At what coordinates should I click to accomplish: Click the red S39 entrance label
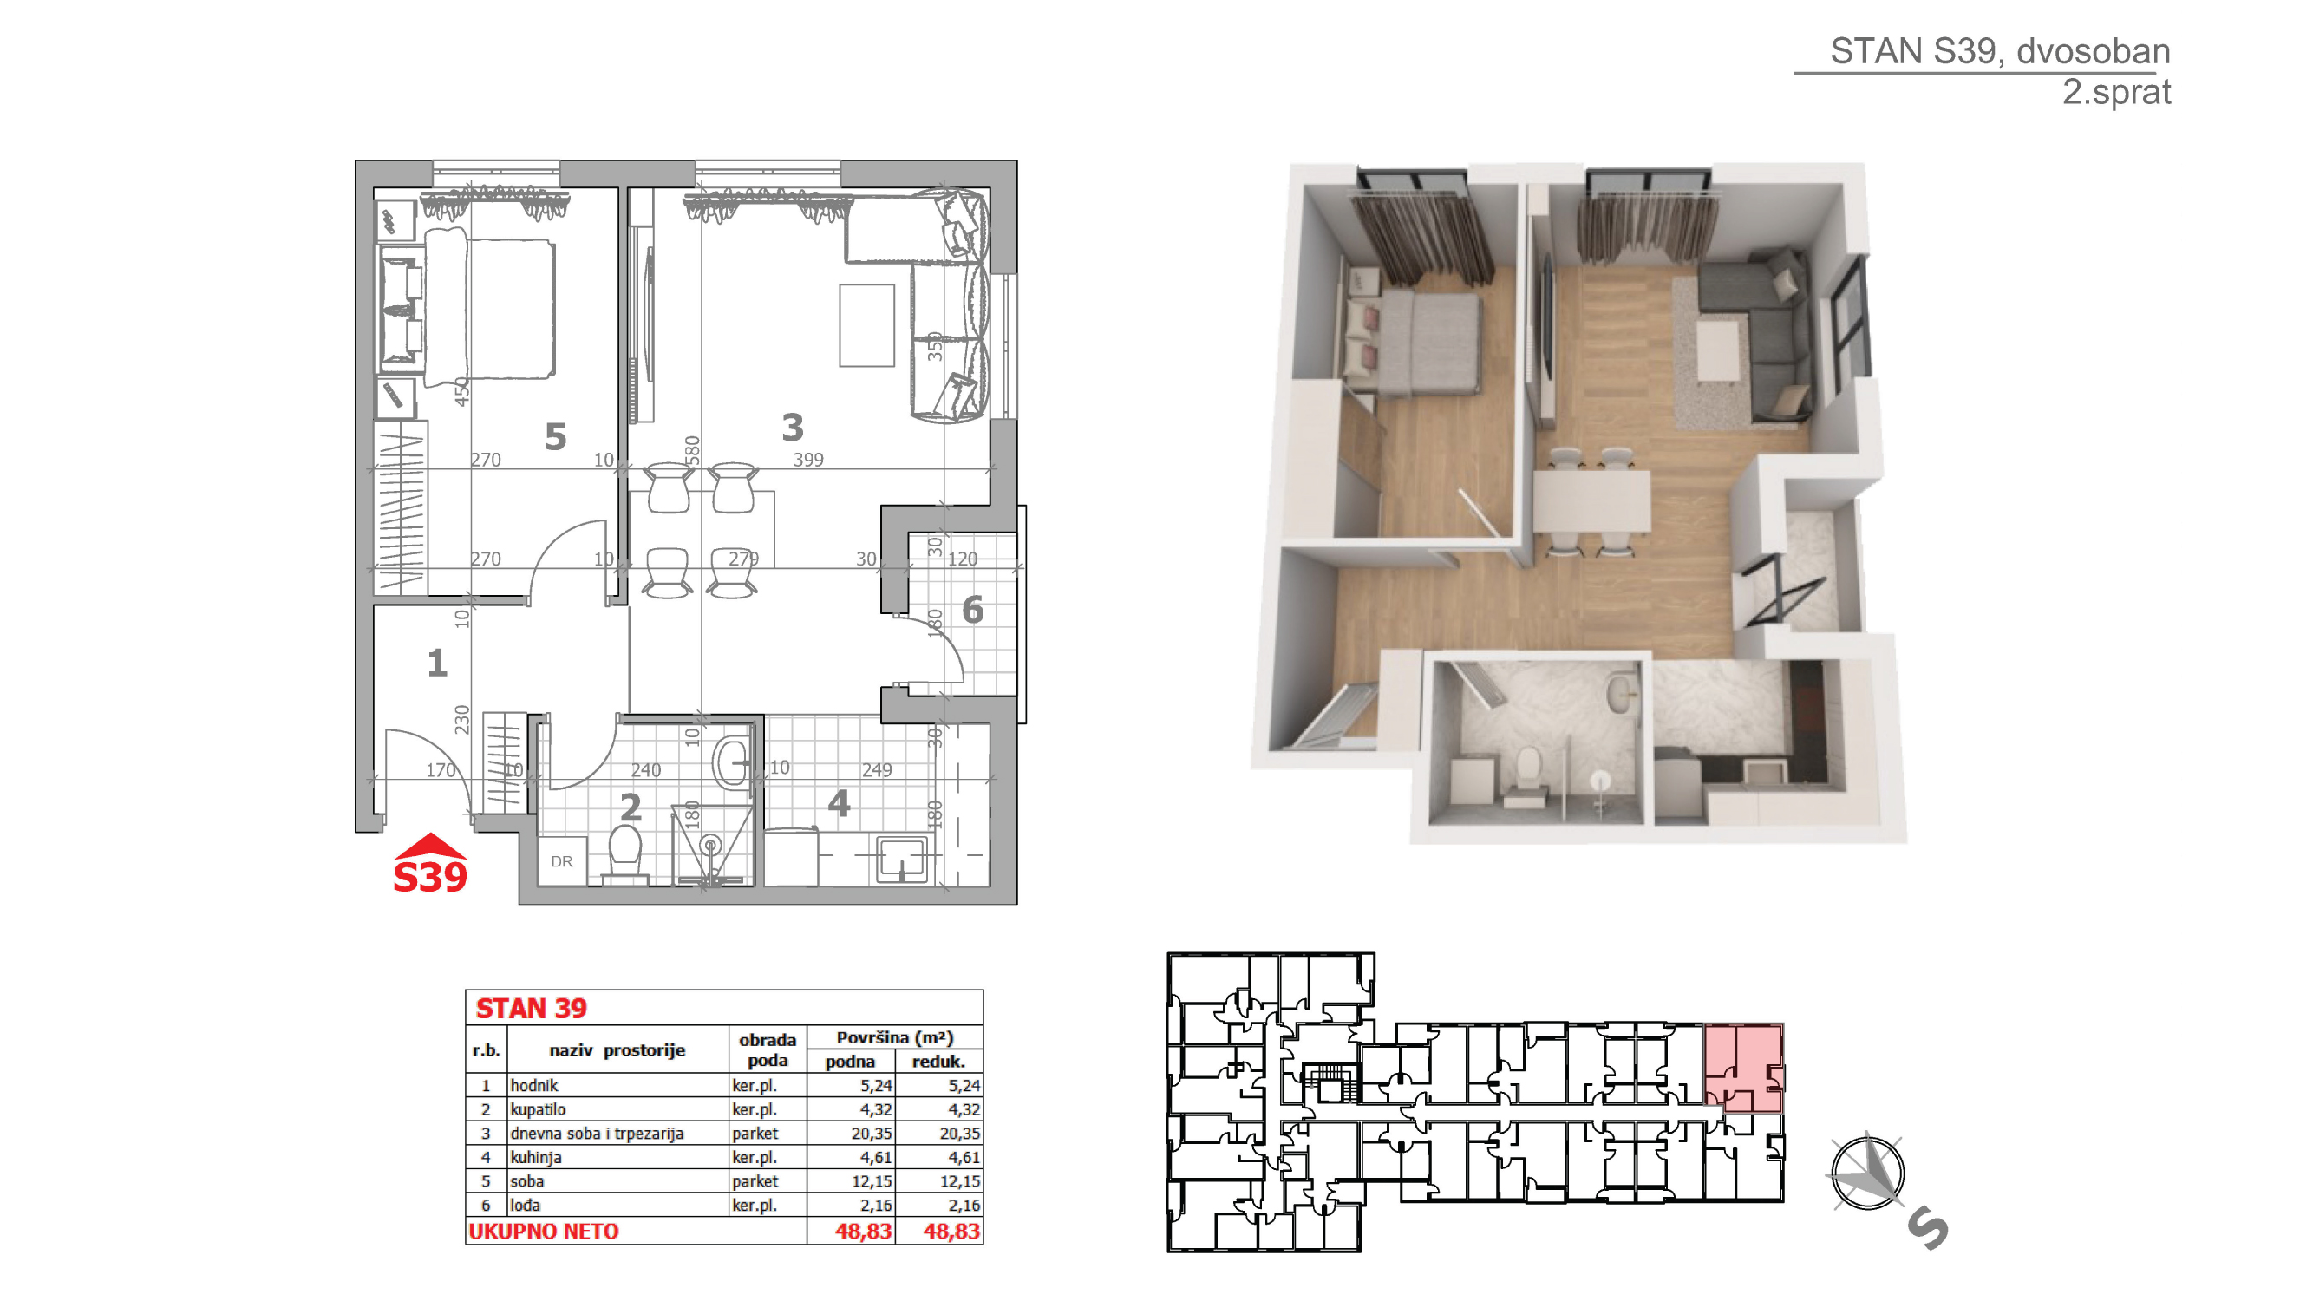(x=430, y=877)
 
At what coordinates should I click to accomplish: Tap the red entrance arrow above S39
(x=431, y=846)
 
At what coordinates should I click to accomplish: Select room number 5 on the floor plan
(x=556, y=437)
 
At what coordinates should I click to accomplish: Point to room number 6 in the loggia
(x=972, y=611)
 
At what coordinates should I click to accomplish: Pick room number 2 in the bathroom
(x=631, y=808)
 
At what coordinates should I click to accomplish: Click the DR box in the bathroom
(x=562, y=861)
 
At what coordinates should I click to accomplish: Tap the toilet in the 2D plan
(x=625, y=853)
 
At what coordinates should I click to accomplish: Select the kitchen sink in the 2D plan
(x=901, y=860)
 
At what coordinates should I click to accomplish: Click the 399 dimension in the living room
(x=808, y=460)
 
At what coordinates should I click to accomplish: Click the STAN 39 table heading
(x=531, y=1009)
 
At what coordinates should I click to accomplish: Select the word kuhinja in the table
(x=535, y=1157)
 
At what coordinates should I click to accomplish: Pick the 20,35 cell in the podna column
(x=871, y=1133)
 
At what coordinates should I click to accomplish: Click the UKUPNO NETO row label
(x=543, y=1231)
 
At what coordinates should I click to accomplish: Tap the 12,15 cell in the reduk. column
(x=959, y=1181)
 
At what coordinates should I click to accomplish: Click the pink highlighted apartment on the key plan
(x=1744, y=1069)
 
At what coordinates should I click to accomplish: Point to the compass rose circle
(x=1866, y=1173)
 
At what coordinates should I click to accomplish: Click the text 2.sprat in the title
(x=2115, y=93)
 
